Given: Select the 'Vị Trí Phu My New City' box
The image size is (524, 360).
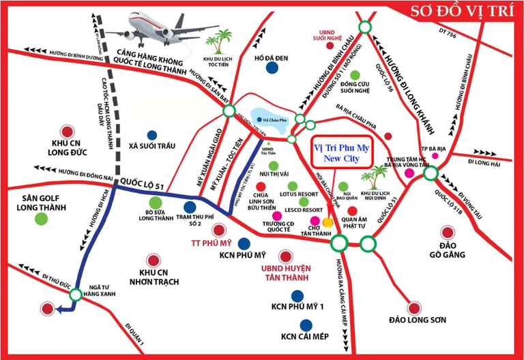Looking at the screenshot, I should click(x=345, y=152).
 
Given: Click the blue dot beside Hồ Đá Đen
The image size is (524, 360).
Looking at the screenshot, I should click(x=272, y=67).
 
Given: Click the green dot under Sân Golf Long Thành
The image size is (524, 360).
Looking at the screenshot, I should click(x=42, y=219).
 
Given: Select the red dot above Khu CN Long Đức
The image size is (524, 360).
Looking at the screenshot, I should click(x=66, y=132).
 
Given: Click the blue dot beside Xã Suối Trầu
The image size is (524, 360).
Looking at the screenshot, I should click(x=151, y=135).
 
